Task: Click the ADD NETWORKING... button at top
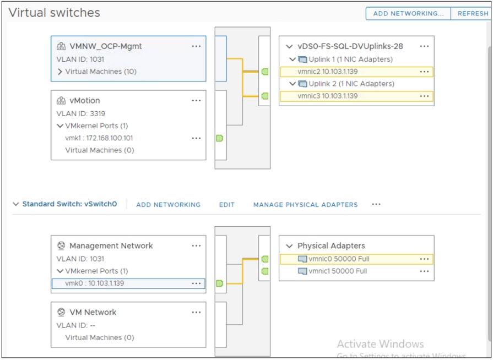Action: click(408, 14)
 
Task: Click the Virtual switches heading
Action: click(55, 13)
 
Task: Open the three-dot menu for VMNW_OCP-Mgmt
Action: click(196, 46)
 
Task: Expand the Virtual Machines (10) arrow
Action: click(60, 72)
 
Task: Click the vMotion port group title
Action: click(84, 101)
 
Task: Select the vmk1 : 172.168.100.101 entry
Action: click(99, 138)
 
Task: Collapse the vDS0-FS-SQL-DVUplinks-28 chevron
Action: click(289, 47)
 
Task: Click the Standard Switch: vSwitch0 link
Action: click(69, 204)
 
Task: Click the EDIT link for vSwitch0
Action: click(227, 205)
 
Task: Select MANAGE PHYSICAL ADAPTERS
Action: click(305, 205)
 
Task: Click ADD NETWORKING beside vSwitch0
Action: click(168, 205)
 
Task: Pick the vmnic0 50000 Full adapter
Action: click(332, 259)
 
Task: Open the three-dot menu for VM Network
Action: click(196, 312)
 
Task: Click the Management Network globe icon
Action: click(61, 246)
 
